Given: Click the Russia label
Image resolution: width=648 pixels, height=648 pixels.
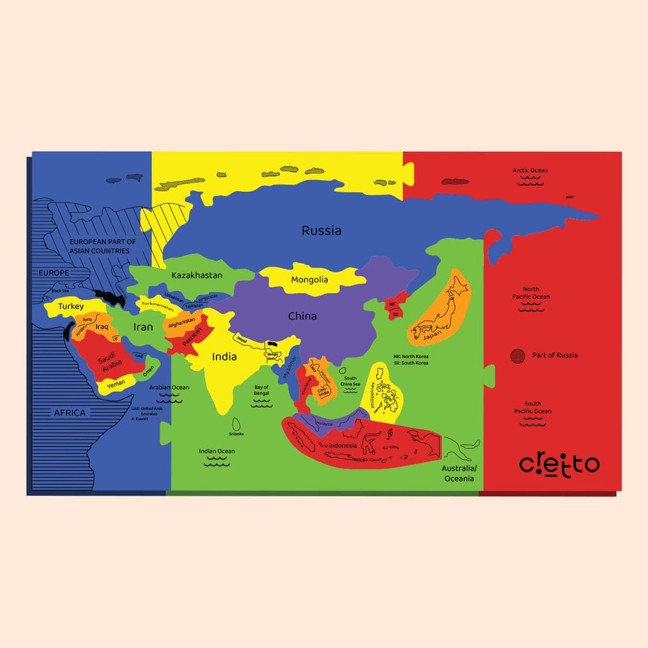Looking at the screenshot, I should [x=321, y=231].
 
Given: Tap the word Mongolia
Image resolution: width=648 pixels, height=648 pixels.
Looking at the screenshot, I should [x=309, y=280].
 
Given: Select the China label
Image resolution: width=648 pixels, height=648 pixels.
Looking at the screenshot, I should [x=302, y=316].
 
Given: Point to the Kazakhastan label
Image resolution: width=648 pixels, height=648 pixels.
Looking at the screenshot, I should [x=197, y=275].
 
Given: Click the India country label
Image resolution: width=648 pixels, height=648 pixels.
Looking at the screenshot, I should [x=224, y=357].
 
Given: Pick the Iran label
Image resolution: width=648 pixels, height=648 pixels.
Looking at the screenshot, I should [x=143, y=327].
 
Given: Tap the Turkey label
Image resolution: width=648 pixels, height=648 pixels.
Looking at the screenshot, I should [x=71, y=306].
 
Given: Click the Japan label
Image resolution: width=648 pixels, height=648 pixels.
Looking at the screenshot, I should [x=432, y=337].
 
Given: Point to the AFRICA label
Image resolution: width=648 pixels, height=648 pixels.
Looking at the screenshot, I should [x=70, y=413].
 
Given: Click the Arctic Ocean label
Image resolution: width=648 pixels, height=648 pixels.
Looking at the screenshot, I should [x=530, y=170].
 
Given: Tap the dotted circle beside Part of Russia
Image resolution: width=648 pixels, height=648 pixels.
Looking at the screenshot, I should [x=518, y=356].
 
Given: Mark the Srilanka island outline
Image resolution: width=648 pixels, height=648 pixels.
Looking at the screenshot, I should [x=238, y=423].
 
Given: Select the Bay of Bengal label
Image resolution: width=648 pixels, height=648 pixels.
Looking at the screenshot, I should [x=261, y=390].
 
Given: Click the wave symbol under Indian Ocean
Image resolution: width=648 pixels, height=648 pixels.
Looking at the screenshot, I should [x=216, y=463].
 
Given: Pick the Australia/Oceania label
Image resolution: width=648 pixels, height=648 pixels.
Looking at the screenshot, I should [x=459, y=473].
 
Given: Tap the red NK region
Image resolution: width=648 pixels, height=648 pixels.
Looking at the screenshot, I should [x=392, y=304].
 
